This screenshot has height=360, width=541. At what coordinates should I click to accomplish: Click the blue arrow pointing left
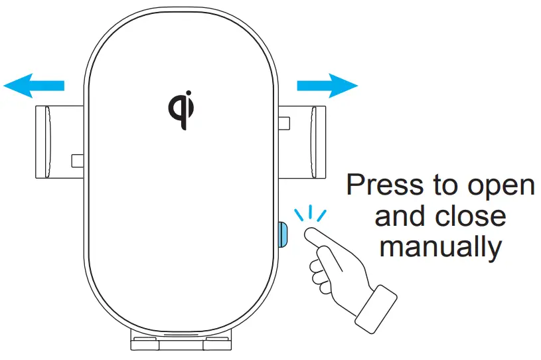click(33, 86)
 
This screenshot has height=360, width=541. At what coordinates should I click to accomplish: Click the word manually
click(440, 247)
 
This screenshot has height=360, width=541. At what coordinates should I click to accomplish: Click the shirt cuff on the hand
click(376, 308)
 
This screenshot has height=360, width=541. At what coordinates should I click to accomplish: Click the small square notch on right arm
click(285, 123)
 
